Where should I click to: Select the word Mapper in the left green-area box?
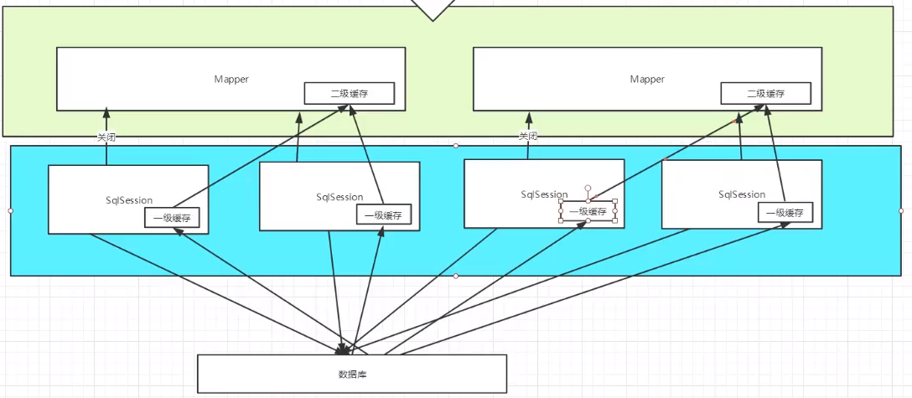click(x=231, y=79)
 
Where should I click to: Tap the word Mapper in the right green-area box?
click(x=647, y=79)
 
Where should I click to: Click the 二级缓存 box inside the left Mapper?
click(x=349, y=93)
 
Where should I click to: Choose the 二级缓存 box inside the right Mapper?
click(x=765, y=93)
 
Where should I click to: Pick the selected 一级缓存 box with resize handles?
click(x=588, y=211)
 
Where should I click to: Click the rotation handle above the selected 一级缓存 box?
click(x=588, y=189)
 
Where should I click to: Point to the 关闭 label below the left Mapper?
click(x=106, y=137)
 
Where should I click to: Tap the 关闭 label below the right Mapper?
click(x=527, y=137)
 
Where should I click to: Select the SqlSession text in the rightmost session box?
click(x=742, y=194)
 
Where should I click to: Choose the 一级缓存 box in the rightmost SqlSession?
click(x=786, y=213)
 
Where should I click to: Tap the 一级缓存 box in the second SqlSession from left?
click(x=384, y=215)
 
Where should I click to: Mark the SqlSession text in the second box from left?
click(x=339, y=197)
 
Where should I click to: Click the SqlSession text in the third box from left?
click(x=544, y=194)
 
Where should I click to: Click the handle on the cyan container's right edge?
click(x=901, y=210)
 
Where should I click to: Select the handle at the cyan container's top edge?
click(x=456, y=146)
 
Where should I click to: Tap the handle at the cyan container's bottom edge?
click(x=456, y=276)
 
